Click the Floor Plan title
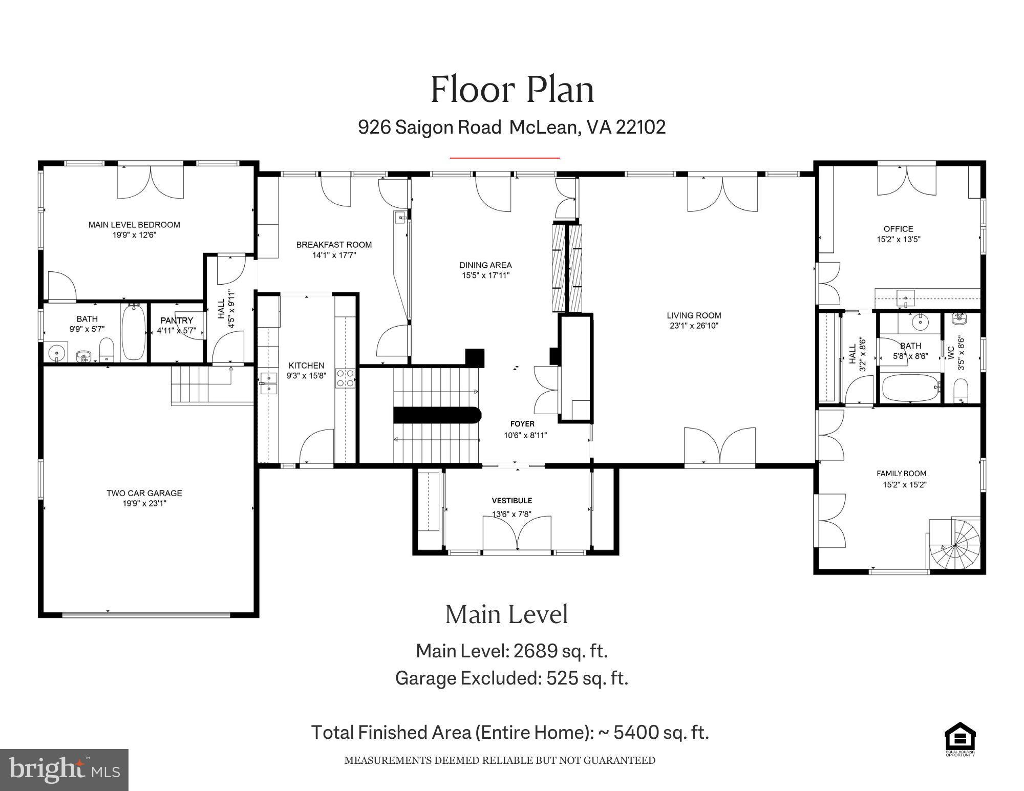point(512,90)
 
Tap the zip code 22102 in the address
point(641,127)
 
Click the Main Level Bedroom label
point(134,224)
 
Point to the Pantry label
point(177,320)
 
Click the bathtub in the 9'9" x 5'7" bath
point(134,333)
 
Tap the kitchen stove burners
point(345,378)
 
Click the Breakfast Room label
point(334,245)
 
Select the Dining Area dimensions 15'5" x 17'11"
point(485,275)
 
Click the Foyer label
point(522,423)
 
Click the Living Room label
point(694,315)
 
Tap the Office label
point(898,229)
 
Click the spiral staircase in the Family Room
point(955,545)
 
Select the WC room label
point(951,352)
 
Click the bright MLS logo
point(64,769)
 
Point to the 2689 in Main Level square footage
point(535,651)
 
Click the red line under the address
point(505,158)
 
